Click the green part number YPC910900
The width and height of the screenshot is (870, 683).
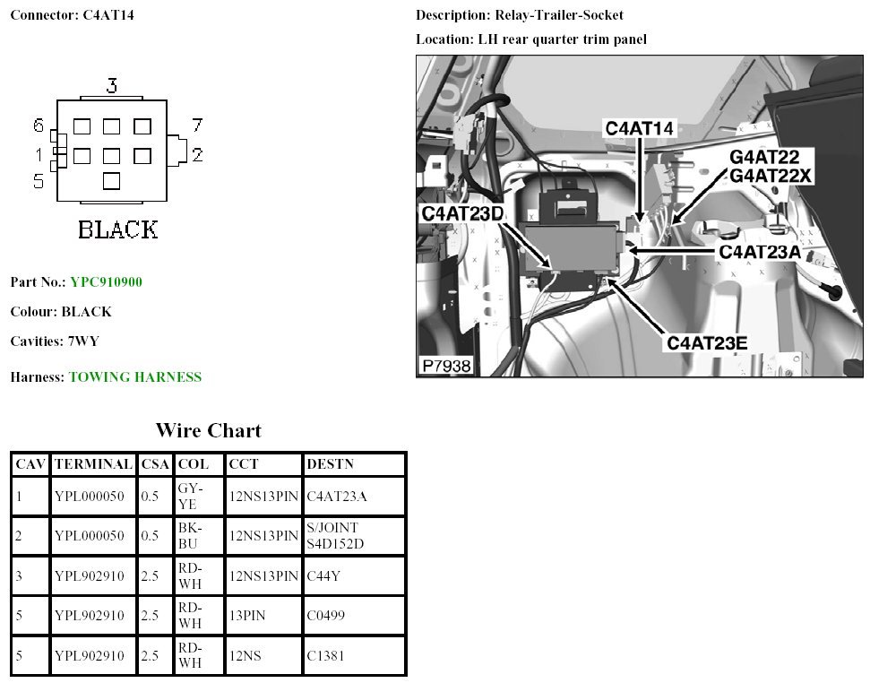106,282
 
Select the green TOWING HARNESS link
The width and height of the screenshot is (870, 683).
134,377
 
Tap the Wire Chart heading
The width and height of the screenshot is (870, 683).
208,431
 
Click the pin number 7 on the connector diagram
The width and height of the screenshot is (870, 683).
197,125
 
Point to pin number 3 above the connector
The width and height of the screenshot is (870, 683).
111,86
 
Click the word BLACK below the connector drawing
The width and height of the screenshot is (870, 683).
117,229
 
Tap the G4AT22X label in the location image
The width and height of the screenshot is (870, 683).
771,176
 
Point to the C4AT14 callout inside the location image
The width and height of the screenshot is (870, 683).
639,128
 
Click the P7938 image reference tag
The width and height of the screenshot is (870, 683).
445,366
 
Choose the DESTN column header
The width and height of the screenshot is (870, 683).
330,464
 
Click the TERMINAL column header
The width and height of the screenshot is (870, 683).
93,464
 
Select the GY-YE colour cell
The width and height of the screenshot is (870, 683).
190,496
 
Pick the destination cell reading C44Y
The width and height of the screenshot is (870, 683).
323,575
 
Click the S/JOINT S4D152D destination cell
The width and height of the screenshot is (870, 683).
335,536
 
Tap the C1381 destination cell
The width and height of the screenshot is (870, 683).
325,655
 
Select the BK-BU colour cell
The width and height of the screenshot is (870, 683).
190,536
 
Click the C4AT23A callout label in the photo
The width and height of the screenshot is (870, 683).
760,252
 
